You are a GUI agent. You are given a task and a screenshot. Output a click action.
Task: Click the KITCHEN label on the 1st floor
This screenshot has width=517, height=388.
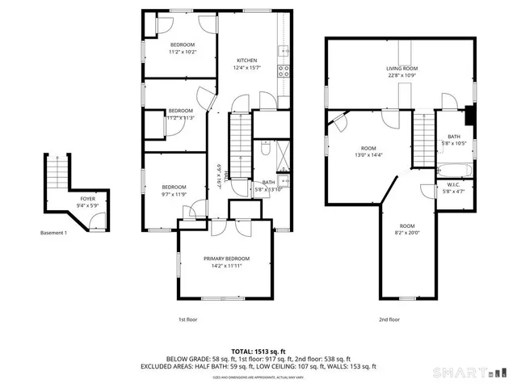point(246,61)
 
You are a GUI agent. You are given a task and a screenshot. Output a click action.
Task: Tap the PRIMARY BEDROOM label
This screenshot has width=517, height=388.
point(226,259)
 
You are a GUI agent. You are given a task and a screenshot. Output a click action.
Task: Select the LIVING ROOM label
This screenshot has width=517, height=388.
point(401,69)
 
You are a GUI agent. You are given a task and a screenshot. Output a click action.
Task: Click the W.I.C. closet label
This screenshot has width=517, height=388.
point(453,185)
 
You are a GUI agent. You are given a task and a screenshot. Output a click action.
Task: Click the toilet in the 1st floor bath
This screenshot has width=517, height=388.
point(266,150)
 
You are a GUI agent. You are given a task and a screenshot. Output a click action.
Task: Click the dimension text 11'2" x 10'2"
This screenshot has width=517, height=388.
point(182,52)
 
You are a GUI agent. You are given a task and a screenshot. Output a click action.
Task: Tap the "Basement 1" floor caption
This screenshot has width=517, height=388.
point(53,234)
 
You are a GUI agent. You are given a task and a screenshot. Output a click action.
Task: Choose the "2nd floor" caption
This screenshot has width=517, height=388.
point(389,319)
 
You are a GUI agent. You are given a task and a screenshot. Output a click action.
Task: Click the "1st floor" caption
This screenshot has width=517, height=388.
point(188,319)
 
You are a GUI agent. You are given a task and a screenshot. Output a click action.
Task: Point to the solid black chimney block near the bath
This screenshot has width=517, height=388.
point(469,113)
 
